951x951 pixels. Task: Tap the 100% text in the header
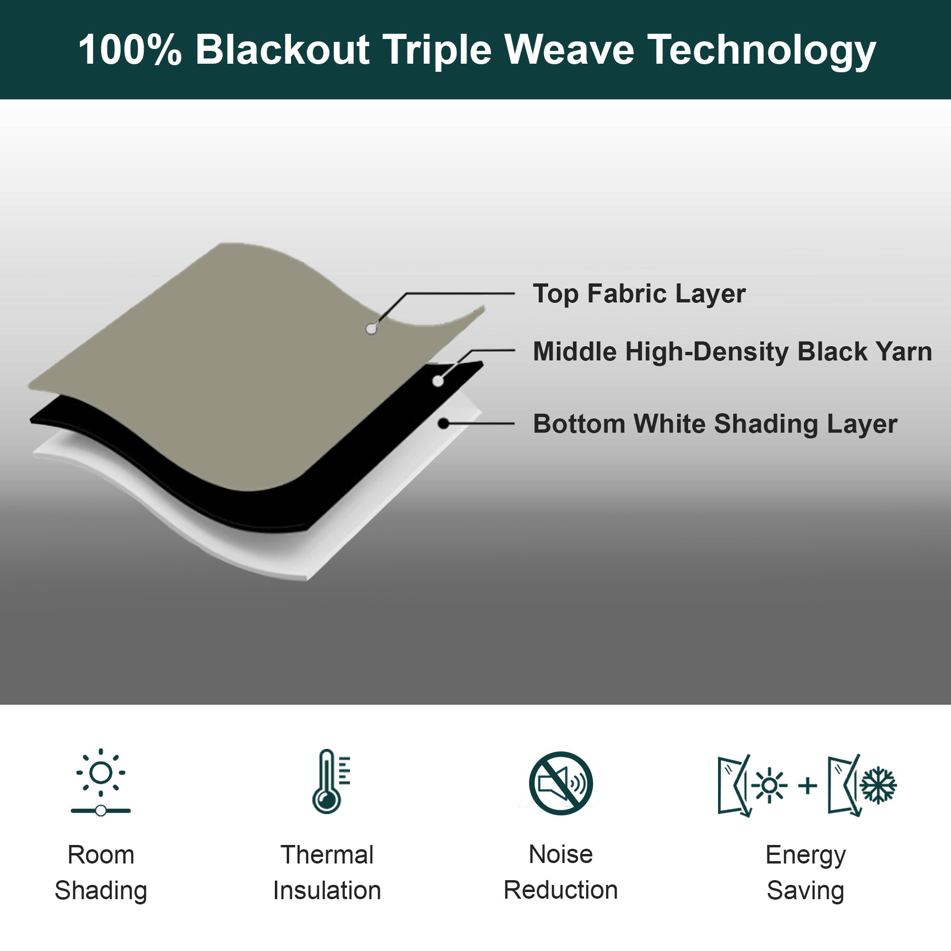point(130,50)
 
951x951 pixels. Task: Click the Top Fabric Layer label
point(639,294)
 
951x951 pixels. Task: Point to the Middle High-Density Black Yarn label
point(732,351)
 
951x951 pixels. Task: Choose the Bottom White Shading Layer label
point(715,424)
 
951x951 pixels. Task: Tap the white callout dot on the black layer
point(438,380)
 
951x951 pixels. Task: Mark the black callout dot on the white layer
point(444,423)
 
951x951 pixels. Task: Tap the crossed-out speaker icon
point(561,783)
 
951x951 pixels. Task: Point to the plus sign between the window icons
point(808,786)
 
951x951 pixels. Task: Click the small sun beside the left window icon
point(769,785)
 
